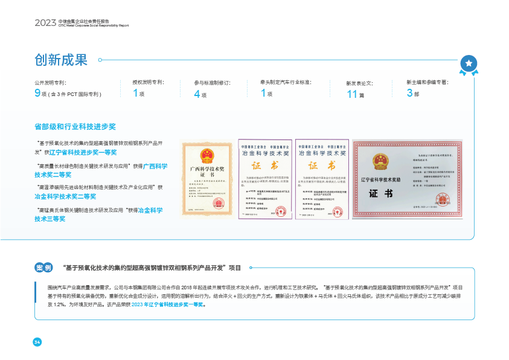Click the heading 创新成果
click(x=61, y=60)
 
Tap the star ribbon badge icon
click(x=469, y=63)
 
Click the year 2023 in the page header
click(x=45, y=23)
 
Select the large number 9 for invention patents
click(x=37, y=93)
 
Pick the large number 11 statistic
click(x=352, y=94)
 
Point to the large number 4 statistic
click(x=196, y=94)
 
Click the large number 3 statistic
click(x=409, y=93)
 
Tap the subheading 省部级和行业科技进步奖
click(x=75, y=127)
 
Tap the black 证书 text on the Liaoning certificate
click(x=381, y=193)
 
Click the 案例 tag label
click(x=43, y=268)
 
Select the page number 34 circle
click(x=37, y=342)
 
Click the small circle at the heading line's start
click(x=100, y=60)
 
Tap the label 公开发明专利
click(x=50, y=82)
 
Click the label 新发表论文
click(x=359, y=82)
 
